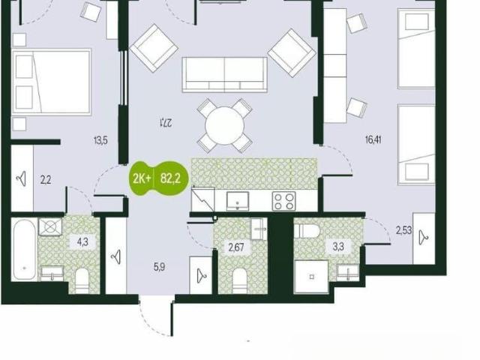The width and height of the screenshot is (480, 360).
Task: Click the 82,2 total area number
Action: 170,178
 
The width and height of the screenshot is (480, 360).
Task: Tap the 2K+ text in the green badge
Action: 142,178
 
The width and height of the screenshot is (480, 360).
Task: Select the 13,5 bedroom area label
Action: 100,141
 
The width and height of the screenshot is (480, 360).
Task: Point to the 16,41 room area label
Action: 373,140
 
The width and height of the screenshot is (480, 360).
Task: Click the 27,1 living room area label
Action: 166,123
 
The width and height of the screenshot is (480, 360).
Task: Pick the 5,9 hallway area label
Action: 160,267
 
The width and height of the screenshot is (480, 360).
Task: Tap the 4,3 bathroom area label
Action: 82,241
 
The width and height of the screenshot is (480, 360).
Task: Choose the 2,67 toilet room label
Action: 236,247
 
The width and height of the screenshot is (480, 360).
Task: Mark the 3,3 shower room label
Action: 338,247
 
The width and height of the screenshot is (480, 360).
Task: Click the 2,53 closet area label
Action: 404,230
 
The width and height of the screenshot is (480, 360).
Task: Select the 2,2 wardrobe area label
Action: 46,180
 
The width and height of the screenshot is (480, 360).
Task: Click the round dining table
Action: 225,125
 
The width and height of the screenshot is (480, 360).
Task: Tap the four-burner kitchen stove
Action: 283,201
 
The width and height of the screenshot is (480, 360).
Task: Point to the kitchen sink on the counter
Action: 238,201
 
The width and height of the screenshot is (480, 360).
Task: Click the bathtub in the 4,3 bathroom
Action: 25,250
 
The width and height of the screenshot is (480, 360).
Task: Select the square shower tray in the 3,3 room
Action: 311,277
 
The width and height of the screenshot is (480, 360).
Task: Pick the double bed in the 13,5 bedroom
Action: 52,82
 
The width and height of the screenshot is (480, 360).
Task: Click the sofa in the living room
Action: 225,75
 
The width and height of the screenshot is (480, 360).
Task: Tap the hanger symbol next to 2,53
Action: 424,238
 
